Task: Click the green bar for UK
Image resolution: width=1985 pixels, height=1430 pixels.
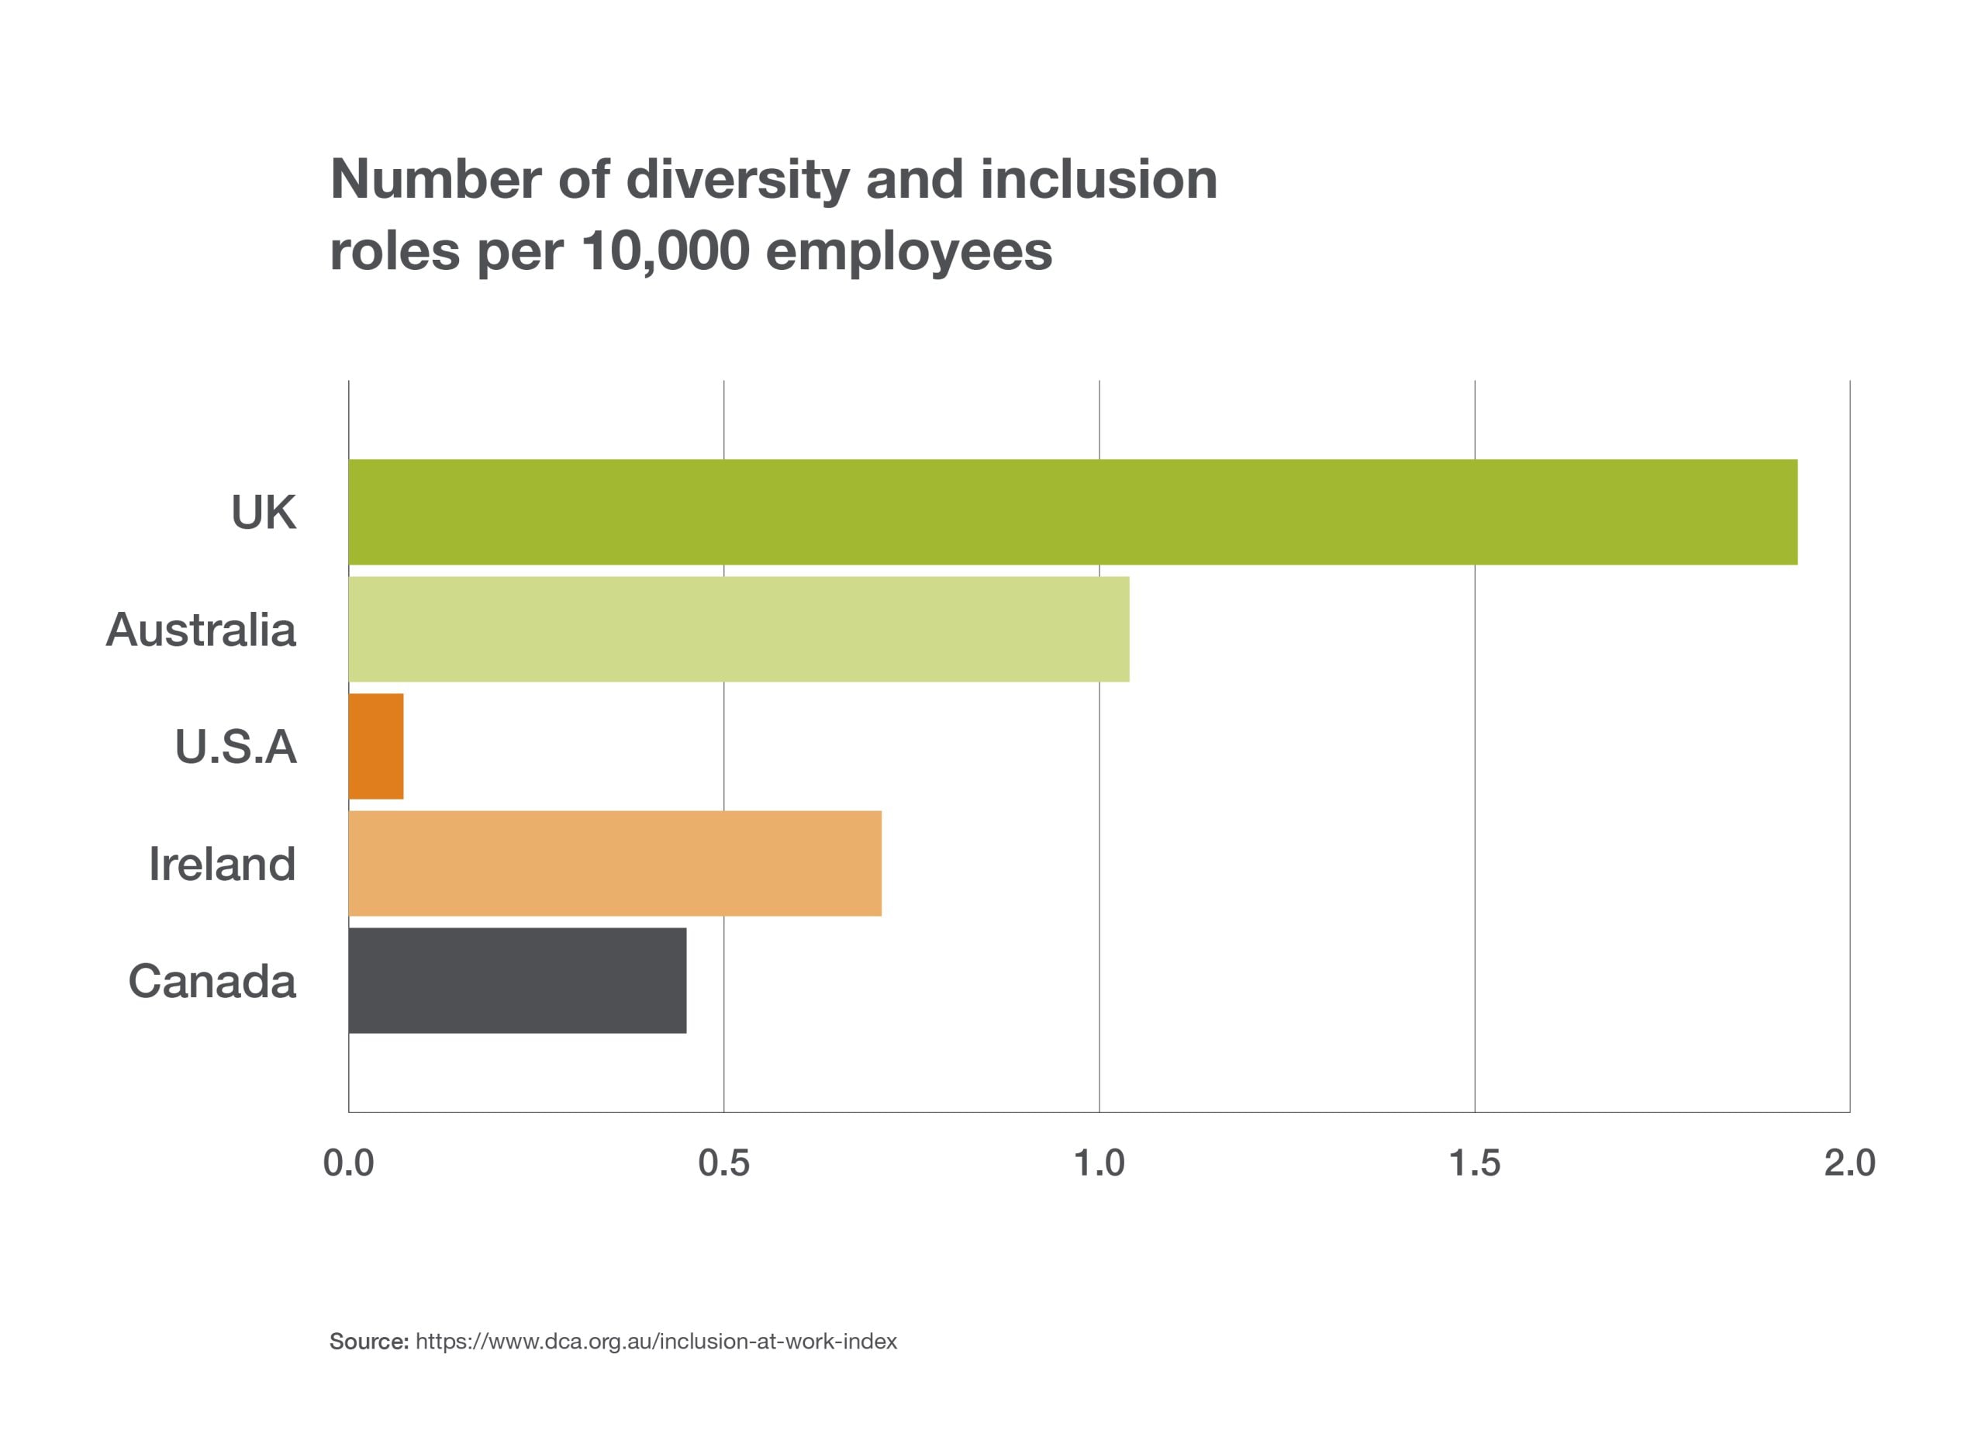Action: tap(1072, 512)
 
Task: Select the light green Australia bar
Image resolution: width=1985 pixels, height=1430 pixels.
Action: tap(739, 629)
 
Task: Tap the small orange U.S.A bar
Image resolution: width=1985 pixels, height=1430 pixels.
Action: tap(375, 747)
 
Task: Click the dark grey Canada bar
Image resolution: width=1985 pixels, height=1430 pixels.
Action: tap(517, 981)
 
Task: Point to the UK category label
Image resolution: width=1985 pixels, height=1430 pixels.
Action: tap(264, 513)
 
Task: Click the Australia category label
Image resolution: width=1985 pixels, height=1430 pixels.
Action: tap(202, 630)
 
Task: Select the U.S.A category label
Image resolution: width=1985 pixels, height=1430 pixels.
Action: tap(236, 748)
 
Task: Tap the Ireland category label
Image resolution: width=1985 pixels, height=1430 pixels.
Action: tap(223, 865)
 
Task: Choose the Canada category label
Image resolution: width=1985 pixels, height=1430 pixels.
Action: tap(212, 982)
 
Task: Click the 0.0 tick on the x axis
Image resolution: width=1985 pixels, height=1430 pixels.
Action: tap(348, 1163)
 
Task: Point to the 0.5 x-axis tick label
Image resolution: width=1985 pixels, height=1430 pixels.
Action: tap(723, 1163)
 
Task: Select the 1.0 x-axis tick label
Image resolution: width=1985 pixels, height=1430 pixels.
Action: tap(1100, 1163)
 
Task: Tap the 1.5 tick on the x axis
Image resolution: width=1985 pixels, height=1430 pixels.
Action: tap(1475, 1163)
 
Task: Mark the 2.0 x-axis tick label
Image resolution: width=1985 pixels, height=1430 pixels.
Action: tap(1849, 1163)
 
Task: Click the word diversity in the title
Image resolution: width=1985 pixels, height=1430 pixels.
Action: tap(738, 180)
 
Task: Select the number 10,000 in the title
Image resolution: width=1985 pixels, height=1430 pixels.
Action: tap(665, 251)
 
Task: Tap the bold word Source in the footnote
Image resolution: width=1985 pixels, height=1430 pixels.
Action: tap(368, 1342)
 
